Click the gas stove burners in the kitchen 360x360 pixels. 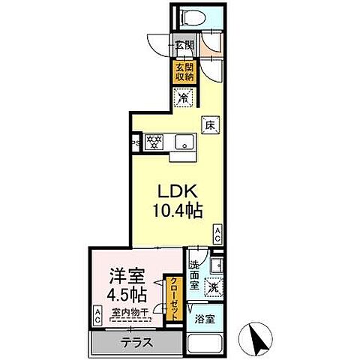pos(154,141)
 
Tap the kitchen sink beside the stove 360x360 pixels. pos(182,141)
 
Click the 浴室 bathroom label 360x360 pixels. pos(203,317)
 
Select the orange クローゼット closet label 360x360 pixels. pos(172,298)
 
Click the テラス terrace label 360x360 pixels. pos(136,343)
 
